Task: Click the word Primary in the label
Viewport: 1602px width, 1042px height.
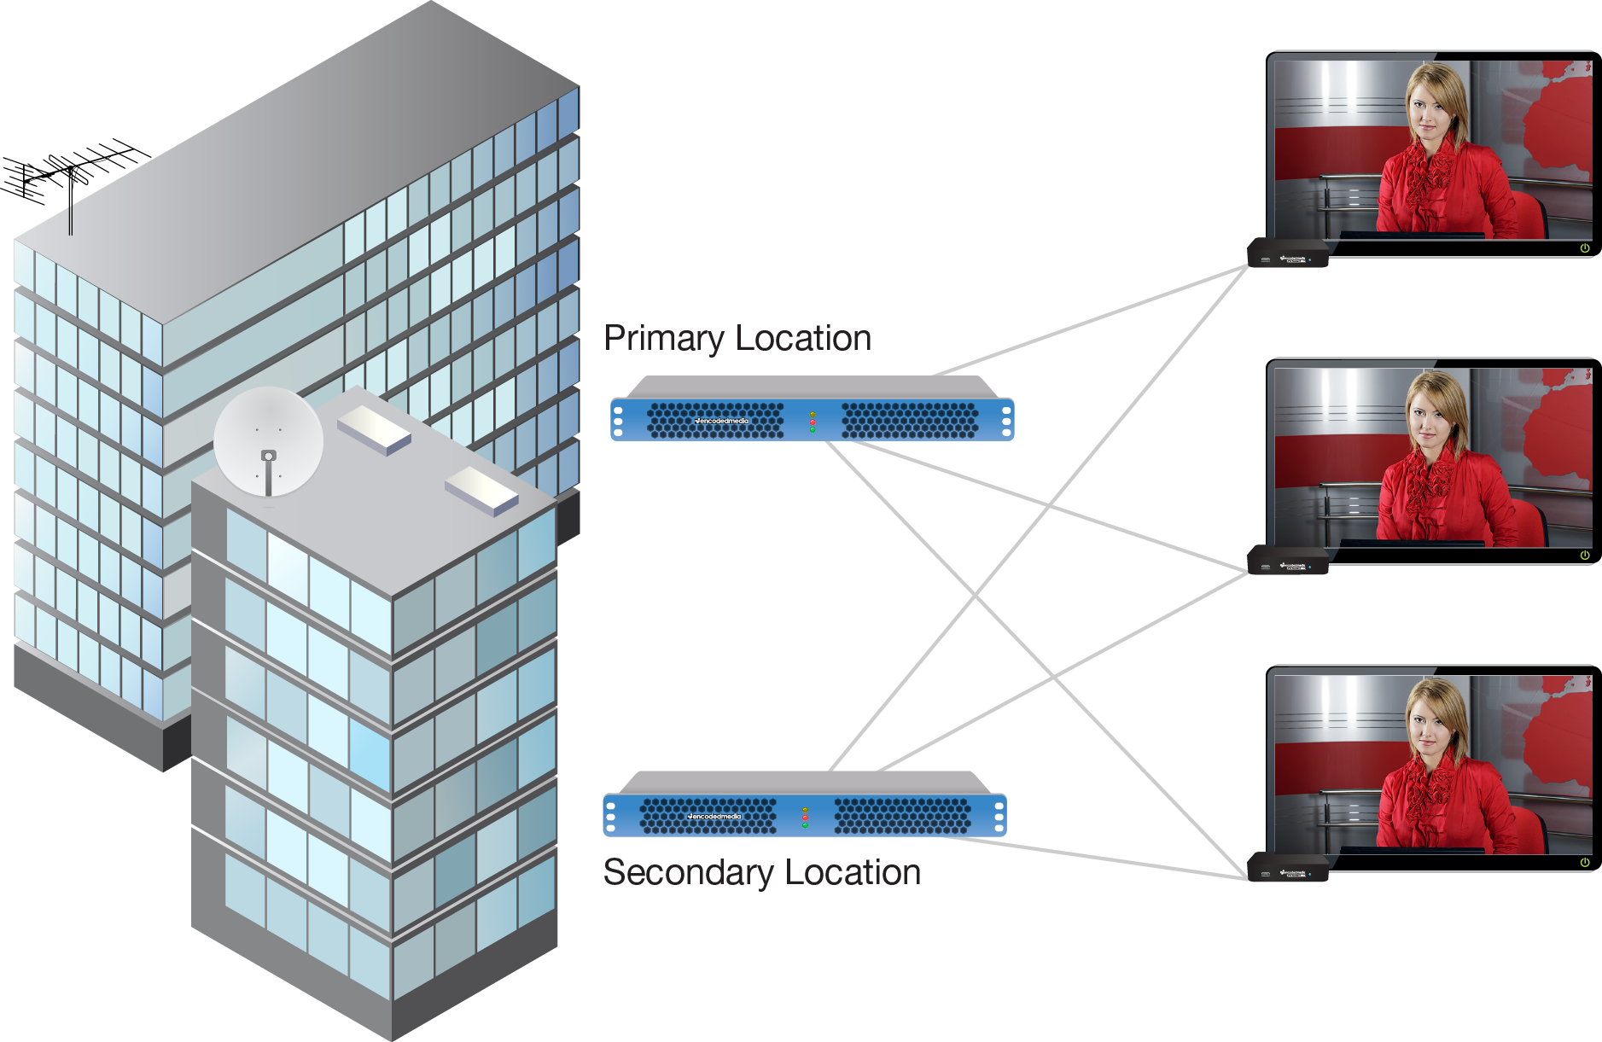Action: pos(664,339)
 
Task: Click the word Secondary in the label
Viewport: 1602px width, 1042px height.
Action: pos(688,873)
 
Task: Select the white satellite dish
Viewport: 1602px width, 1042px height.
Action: pos(268,442)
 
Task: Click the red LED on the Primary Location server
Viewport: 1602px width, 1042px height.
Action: pos(813,422)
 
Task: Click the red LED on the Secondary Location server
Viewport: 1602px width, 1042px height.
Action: pos(805,818)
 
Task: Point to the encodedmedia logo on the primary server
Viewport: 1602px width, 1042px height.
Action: pos(722,421)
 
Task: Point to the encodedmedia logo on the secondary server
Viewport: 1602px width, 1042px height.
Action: pos(715,817)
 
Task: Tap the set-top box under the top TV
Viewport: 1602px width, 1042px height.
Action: pos(1288,253)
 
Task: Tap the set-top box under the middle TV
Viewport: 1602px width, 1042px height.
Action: pos(1288,561)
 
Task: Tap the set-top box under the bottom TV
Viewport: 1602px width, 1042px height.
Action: pos(1288,868)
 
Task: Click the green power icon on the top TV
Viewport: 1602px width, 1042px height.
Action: pos(1584,248)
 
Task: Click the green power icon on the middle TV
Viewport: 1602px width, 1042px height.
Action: pos(1584,556)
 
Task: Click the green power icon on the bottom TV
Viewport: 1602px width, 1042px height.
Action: pos(1584,863)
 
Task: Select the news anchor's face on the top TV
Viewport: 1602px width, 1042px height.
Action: pos(1430,111)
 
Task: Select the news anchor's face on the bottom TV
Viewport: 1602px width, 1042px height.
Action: pos(1430,725)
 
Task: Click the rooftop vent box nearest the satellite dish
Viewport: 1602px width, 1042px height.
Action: pos(374,429)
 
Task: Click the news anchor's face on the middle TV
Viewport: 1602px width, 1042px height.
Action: pos(1430,418)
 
